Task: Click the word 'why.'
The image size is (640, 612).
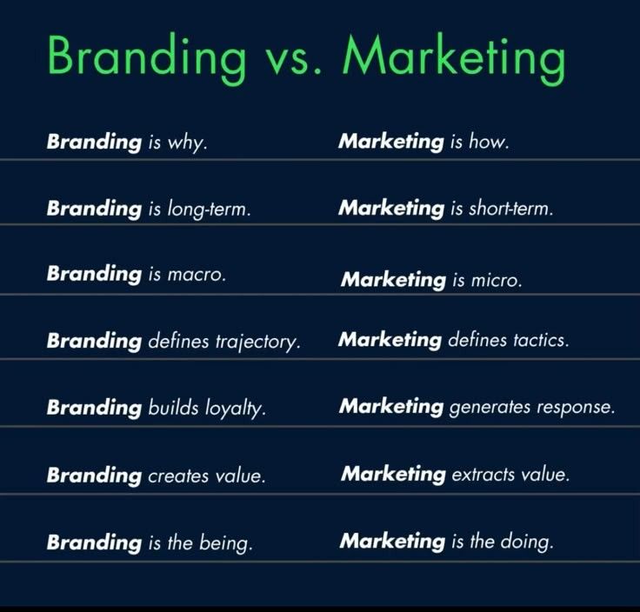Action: (188, 143)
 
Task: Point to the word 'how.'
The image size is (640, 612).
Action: (489, 142)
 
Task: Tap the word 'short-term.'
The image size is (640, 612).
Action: (512, 210)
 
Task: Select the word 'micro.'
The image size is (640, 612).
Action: (497, 281)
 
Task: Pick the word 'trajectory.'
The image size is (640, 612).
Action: (257, 343)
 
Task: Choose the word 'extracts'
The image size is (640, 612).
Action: (481, 475)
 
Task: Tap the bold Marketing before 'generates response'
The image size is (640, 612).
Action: (391, 407)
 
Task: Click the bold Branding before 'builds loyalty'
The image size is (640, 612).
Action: (94, 408)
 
